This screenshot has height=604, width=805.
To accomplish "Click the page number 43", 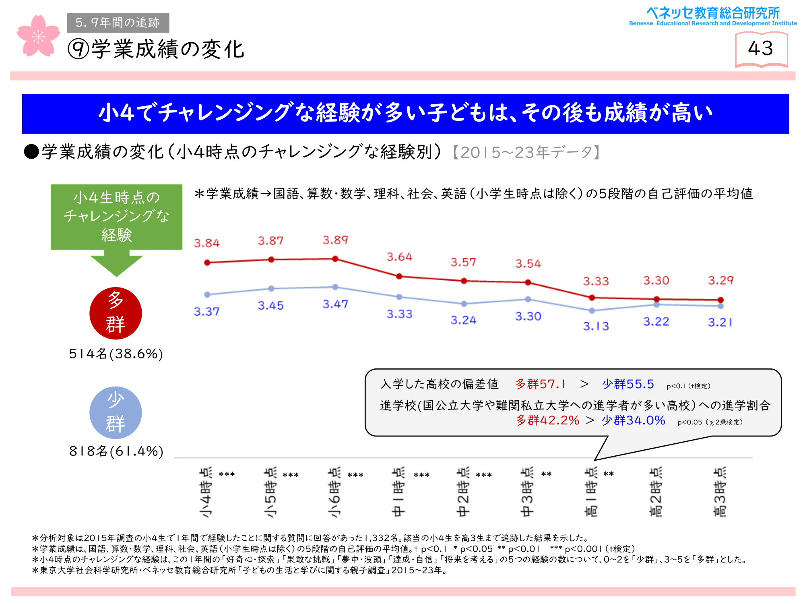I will tap(761, 49).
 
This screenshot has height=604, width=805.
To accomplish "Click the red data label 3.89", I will tap(335, 240).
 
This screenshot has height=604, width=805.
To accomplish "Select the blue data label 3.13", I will tap(596, 326).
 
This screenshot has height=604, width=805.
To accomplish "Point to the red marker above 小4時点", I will tap(207, 263).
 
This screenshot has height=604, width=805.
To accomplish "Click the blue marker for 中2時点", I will tap(464, 304).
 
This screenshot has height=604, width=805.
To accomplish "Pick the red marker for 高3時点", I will tap(720, 300).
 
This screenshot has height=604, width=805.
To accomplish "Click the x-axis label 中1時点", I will tap(398, 492).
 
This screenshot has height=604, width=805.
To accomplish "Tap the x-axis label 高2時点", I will tap(656, 492).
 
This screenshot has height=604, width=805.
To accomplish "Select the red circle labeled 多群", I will tap(116, 313).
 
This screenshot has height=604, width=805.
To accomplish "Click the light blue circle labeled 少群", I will tap(116, 413).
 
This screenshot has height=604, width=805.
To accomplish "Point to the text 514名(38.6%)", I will tap(116, 354).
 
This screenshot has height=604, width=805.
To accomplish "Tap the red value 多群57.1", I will tap(541, 384).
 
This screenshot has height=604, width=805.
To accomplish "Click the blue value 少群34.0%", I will tap(634, 420).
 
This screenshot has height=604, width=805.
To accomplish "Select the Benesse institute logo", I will tap(713, 17).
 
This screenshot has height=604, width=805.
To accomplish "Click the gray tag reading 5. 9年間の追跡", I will tap(118, 23).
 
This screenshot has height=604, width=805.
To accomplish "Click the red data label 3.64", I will tap(399, 257).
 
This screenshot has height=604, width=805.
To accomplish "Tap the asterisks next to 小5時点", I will tap(291, 475).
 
